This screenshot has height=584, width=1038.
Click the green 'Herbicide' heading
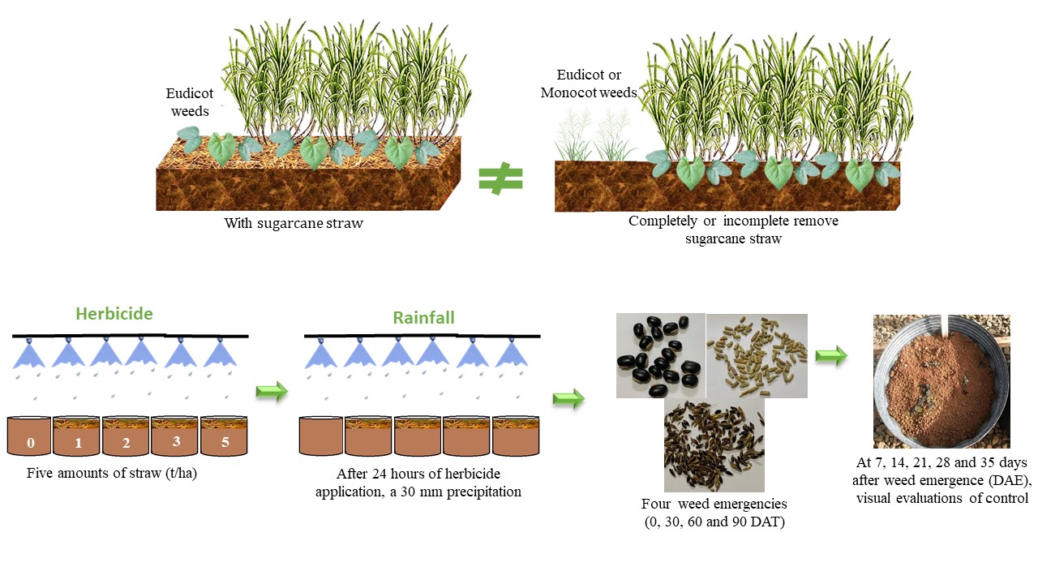pyautogui.click(x=114, y=314)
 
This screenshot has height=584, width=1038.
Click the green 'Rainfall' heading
pyautogui.click(x=423, y=317)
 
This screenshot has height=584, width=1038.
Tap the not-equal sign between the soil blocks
pyautogui.click(x=500, y=179)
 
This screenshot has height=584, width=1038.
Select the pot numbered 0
pyautogui.click(x=30, y=438)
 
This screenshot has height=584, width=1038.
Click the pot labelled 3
pyautogui.click(x=175, y=438)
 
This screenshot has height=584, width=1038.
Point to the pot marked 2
pyautogui.click(x=127, y=438)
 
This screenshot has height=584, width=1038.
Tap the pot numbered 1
pyautogui.click(x=78, y=438)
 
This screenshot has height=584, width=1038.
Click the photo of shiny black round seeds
pyautogui.click(x=660, y=355)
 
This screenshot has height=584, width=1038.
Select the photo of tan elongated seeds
pyautogui.click(x=757, y=355)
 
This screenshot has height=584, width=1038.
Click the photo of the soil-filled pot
pyautogui.click(x=941, y=381)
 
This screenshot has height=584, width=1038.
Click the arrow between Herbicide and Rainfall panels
pyautogui.click(x=272, y=393)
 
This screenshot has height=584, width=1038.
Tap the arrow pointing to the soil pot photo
pyautogui.click(x=831, y=355)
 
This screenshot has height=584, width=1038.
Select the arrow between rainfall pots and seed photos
pyautogui.click(x=568, y=398)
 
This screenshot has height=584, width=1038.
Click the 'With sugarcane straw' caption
pyautogui.click(x=294, y=222)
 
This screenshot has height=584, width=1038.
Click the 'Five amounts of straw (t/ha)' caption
pyautogui.click(x=111, y=474)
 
